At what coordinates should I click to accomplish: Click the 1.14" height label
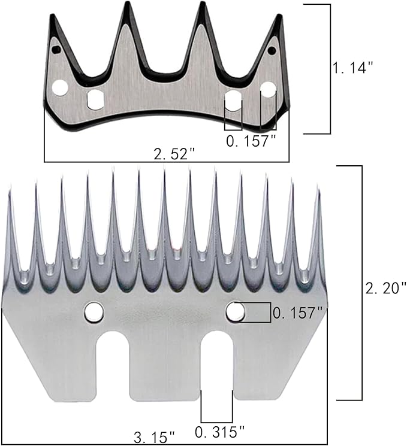point(353,68)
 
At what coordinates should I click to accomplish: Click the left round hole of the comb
point(94,311)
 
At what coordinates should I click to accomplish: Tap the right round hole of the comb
point(235,311)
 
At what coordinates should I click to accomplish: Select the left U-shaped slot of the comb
point(113,365)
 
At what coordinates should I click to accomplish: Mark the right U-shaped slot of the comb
point(217,365)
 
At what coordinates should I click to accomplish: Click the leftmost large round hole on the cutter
point(59,89)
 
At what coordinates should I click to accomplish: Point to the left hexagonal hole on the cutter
point(95,99)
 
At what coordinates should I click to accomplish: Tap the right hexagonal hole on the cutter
point(233,99)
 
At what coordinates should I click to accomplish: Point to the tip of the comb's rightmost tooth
point(319,189)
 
